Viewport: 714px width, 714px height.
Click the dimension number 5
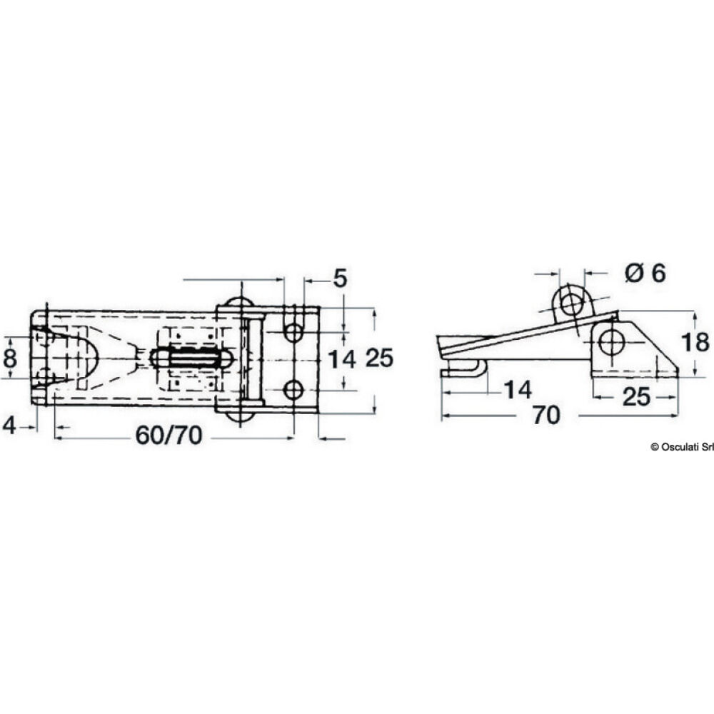coord(340,278)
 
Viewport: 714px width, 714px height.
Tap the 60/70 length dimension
coord(169,436)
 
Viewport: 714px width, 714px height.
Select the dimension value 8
coord(10,358)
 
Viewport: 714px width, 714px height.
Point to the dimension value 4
coord(9,426)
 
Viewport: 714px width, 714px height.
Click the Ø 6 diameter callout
coord(645,273)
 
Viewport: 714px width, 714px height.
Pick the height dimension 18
coord(695,343)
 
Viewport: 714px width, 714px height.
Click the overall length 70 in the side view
coord(546,416)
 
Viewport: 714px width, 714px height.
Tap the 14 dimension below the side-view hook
coord(518,391)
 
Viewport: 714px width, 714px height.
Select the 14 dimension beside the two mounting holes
coord(342,360)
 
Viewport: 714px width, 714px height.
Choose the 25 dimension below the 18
coord(636,397)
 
